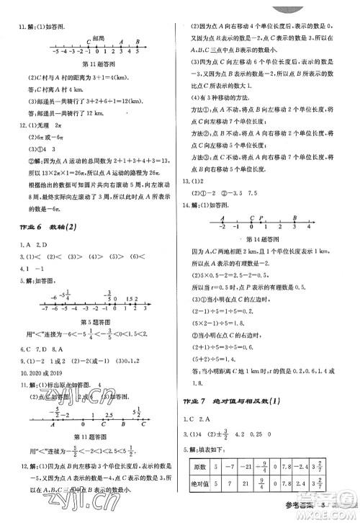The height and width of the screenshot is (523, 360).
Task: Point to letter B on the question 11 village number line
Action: click(x=138, y=42)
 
